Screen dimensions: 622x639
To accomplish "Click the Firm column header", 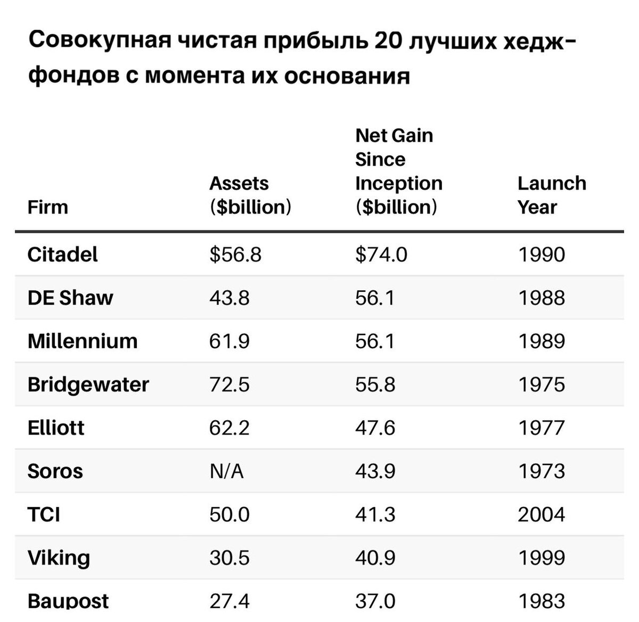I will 47,207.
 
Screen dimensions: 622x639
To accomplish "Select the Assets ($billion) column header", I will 250,195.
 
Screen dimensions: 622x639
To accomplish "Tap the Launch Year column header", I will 551,195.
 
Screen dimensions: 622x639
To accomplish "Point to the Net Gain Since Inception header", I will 398,171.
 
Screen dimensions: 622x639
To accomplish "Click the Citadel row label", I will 62,254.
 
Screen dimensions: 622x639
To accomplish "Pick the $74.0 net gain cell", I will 381,254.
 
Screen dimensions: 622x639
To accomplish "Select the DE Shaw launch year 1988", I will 541,298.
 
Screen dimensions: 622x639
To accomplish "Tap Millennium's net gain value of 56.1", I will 375,341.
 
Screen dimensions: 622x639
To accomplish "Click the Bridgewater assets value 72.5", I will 229,384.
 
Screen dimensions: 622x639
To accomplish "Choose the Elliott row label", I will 55,428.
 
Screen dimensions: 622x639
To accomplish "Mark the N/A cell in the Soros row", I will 226,471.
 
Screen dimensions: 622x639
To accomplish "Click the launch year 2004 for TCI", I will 541,514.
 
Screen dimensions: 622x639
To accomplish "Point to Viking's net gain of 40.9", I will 375,558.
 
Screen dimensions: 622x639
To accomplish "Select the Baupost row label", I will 68,601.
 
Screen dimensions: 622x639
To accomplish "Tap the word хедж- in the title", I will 539,42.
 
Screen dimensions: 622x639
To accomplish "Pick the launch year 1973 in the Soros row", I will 541,471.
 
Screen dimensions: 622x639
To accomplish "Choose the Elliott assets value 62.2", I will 229,428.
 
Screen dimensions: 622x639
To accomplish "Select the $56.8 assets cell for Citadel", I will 235,254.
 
